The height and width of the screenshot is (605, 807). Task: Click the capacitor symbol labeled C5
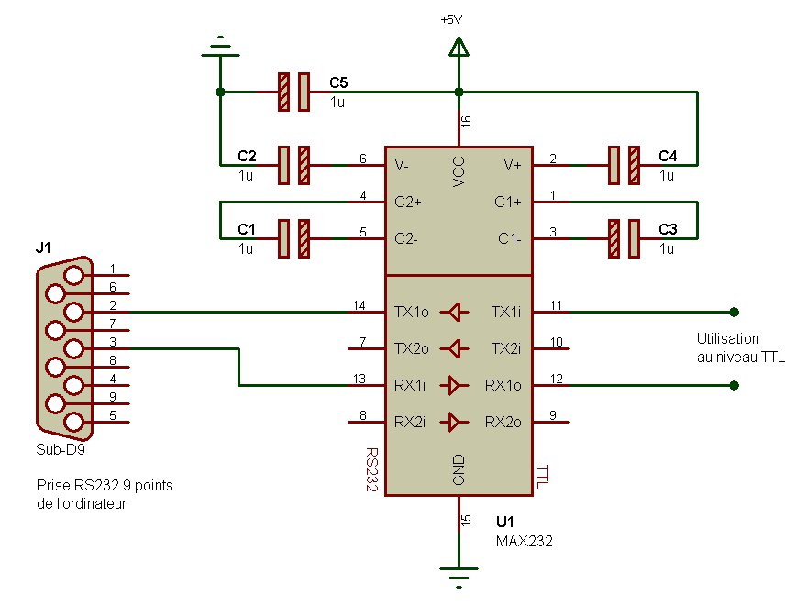coord(294,92)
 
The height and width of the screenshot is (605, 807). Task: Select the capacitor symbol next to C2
coord(294,165)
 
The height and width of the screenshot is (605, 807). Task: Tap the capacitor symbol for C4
coord(623,165)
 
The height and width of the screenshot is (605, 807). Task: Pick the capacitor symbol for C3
coord(623,238)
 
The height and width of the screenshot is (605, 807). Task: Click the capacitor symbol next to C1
coord(294,238)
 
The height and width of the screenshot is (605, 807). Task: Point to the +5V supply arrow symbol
coord(459,46)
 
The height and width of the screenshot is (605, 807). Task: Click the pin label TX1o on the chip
coord(412,312)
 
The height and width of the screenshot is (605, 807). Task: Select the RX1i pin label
coord(410,386)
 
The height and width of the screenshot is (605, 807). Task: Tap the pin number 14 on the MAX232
coord(359,304)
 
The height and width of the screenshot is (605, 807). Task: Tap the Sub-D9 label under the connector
coord(59,450)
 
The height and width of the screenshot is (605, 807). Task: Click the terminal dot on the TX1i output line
coord(734,312)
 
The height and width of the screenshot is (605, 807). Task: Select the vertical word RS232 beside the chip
coord(371,470)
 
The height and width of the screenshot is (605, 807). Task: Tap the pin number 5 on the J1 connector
coord(113,415)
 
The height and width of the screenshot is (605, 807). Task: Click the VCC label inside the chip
coord(459,172)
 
